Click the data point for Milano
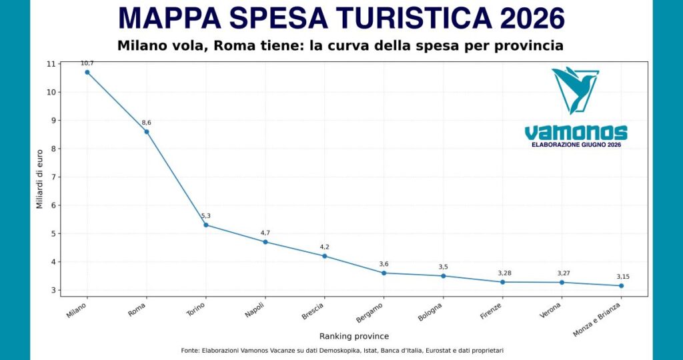pos(87,72)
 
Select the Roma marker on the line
pos(147,132)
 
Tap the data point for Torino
pos(206,225)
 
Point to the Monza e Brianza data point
pos(621,285)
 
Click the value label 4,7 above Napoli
pos(265,233)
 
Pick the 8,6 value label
pos(146,123)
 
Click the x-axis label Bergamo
pos(370,313)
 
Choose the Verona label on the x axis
pos(550,311)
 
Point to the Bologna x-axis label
pos(430,313)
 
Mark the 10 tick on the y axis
pos(51,92)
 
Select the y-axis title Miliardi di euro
pos(39,179)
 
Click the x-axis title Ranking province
pos(354,336)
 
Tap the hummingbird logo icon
pos(575,90)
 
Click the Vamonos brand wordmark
pos(576,133)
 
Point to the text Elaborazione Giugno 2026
pos(576,145)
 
